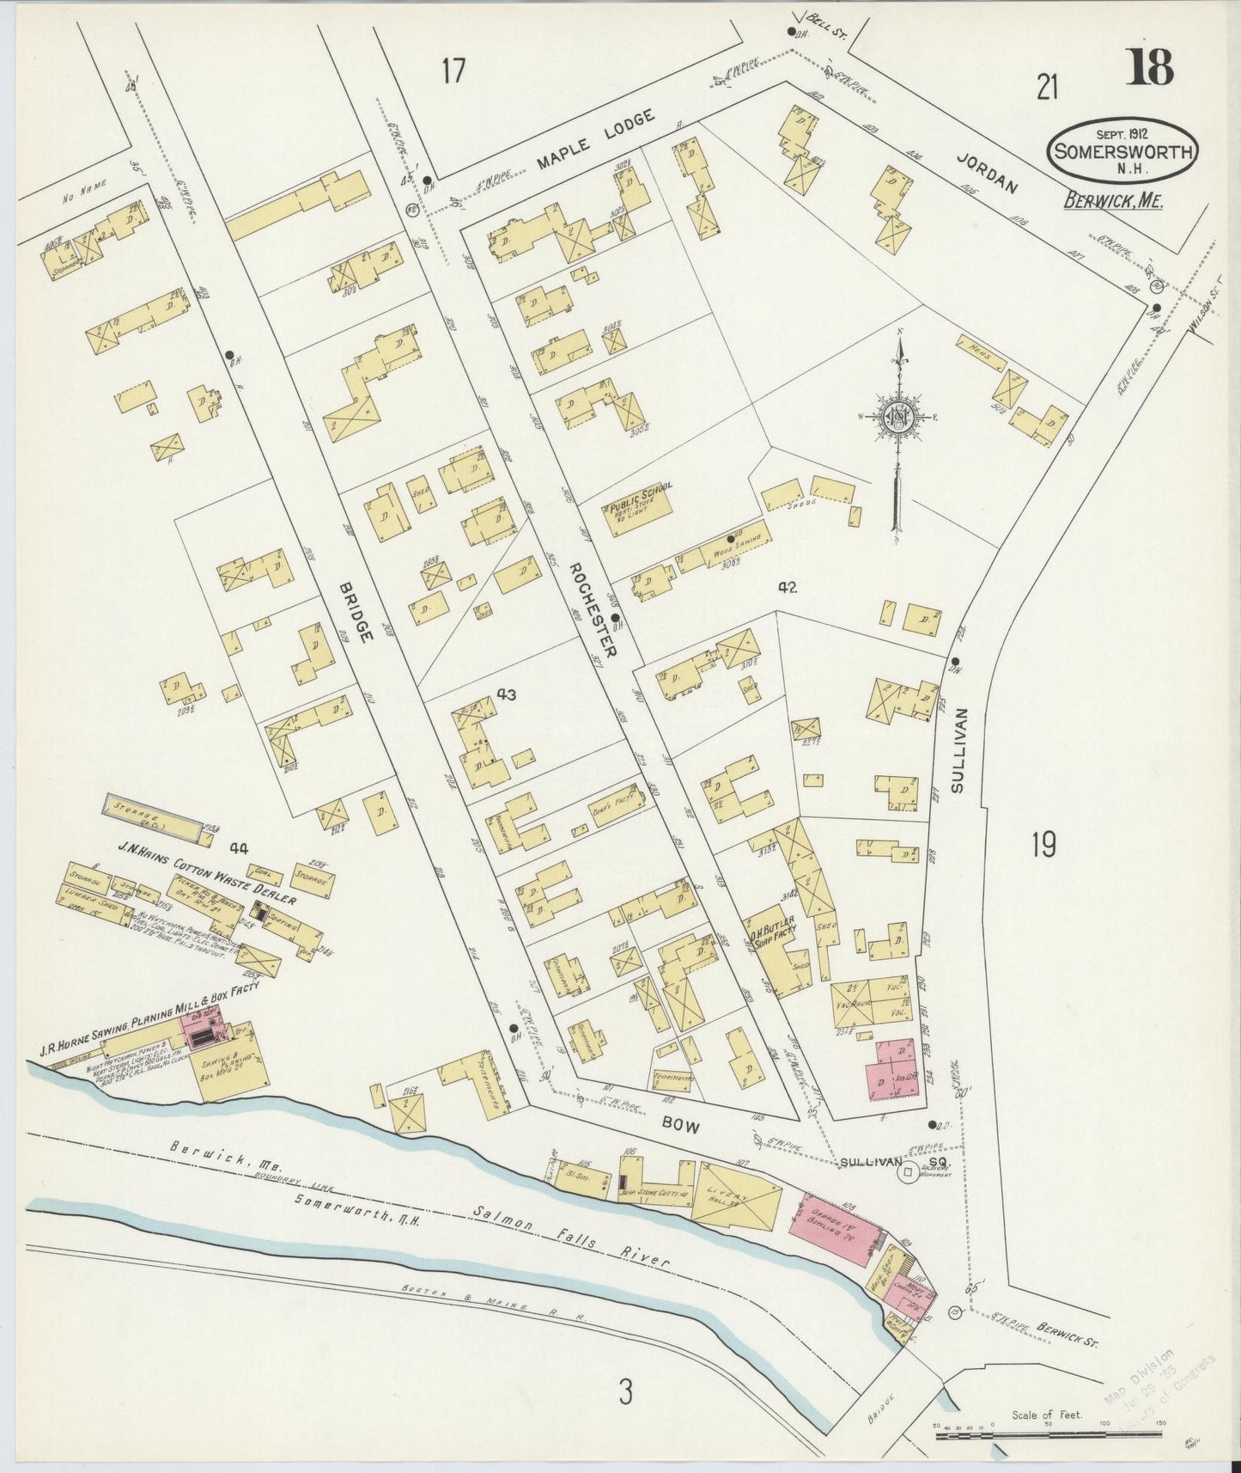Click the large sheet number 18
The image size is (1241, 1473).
click(x=1150, y=67)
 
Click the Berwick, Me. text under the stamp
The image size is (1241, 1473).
click(x=1119, y=201)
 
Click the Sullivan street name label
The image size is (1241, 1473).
click(x=959, y=750)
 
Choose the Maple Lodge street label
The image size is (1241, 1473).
click(x=596, y=138)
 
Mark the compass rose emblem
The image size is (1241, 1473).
click(x=900, y=419)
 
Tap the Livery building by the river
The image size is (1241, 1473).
click(x=736, y=1194)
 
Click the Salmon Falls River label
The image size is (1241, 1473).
click(x=571, y=1235)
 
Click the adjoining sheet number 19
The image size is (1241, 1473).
click(x=1043, y=847)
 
